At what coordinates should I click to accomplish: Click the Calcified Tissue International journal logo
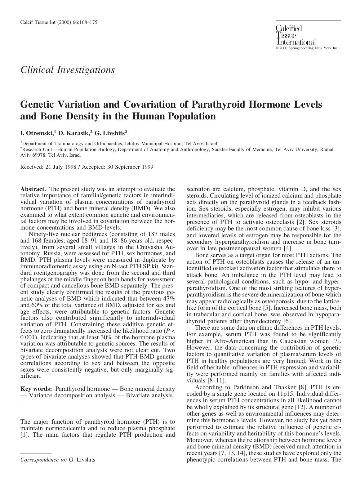296,35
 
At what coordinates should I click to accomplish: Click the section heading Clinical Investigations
67,69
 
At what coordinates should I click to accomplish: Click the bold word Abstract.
33,189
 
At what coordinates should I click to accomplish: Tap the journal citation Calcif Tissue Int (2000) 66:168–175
59,22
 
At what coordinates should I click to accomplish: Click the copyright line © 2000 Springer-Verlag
307,48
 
